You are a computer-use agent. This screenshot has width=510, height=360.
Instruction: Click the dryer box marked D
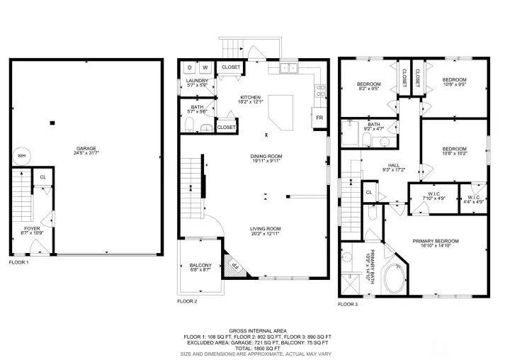[189, 67]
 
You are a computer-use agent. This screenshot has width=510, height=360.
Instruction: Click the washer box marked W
[205, 67]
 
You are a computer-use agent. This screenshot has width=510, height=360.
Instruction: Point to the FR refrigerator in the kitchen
[319, 117]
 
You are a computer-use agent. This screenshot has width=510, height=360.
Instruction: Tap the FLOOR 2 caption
[187, 301]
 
